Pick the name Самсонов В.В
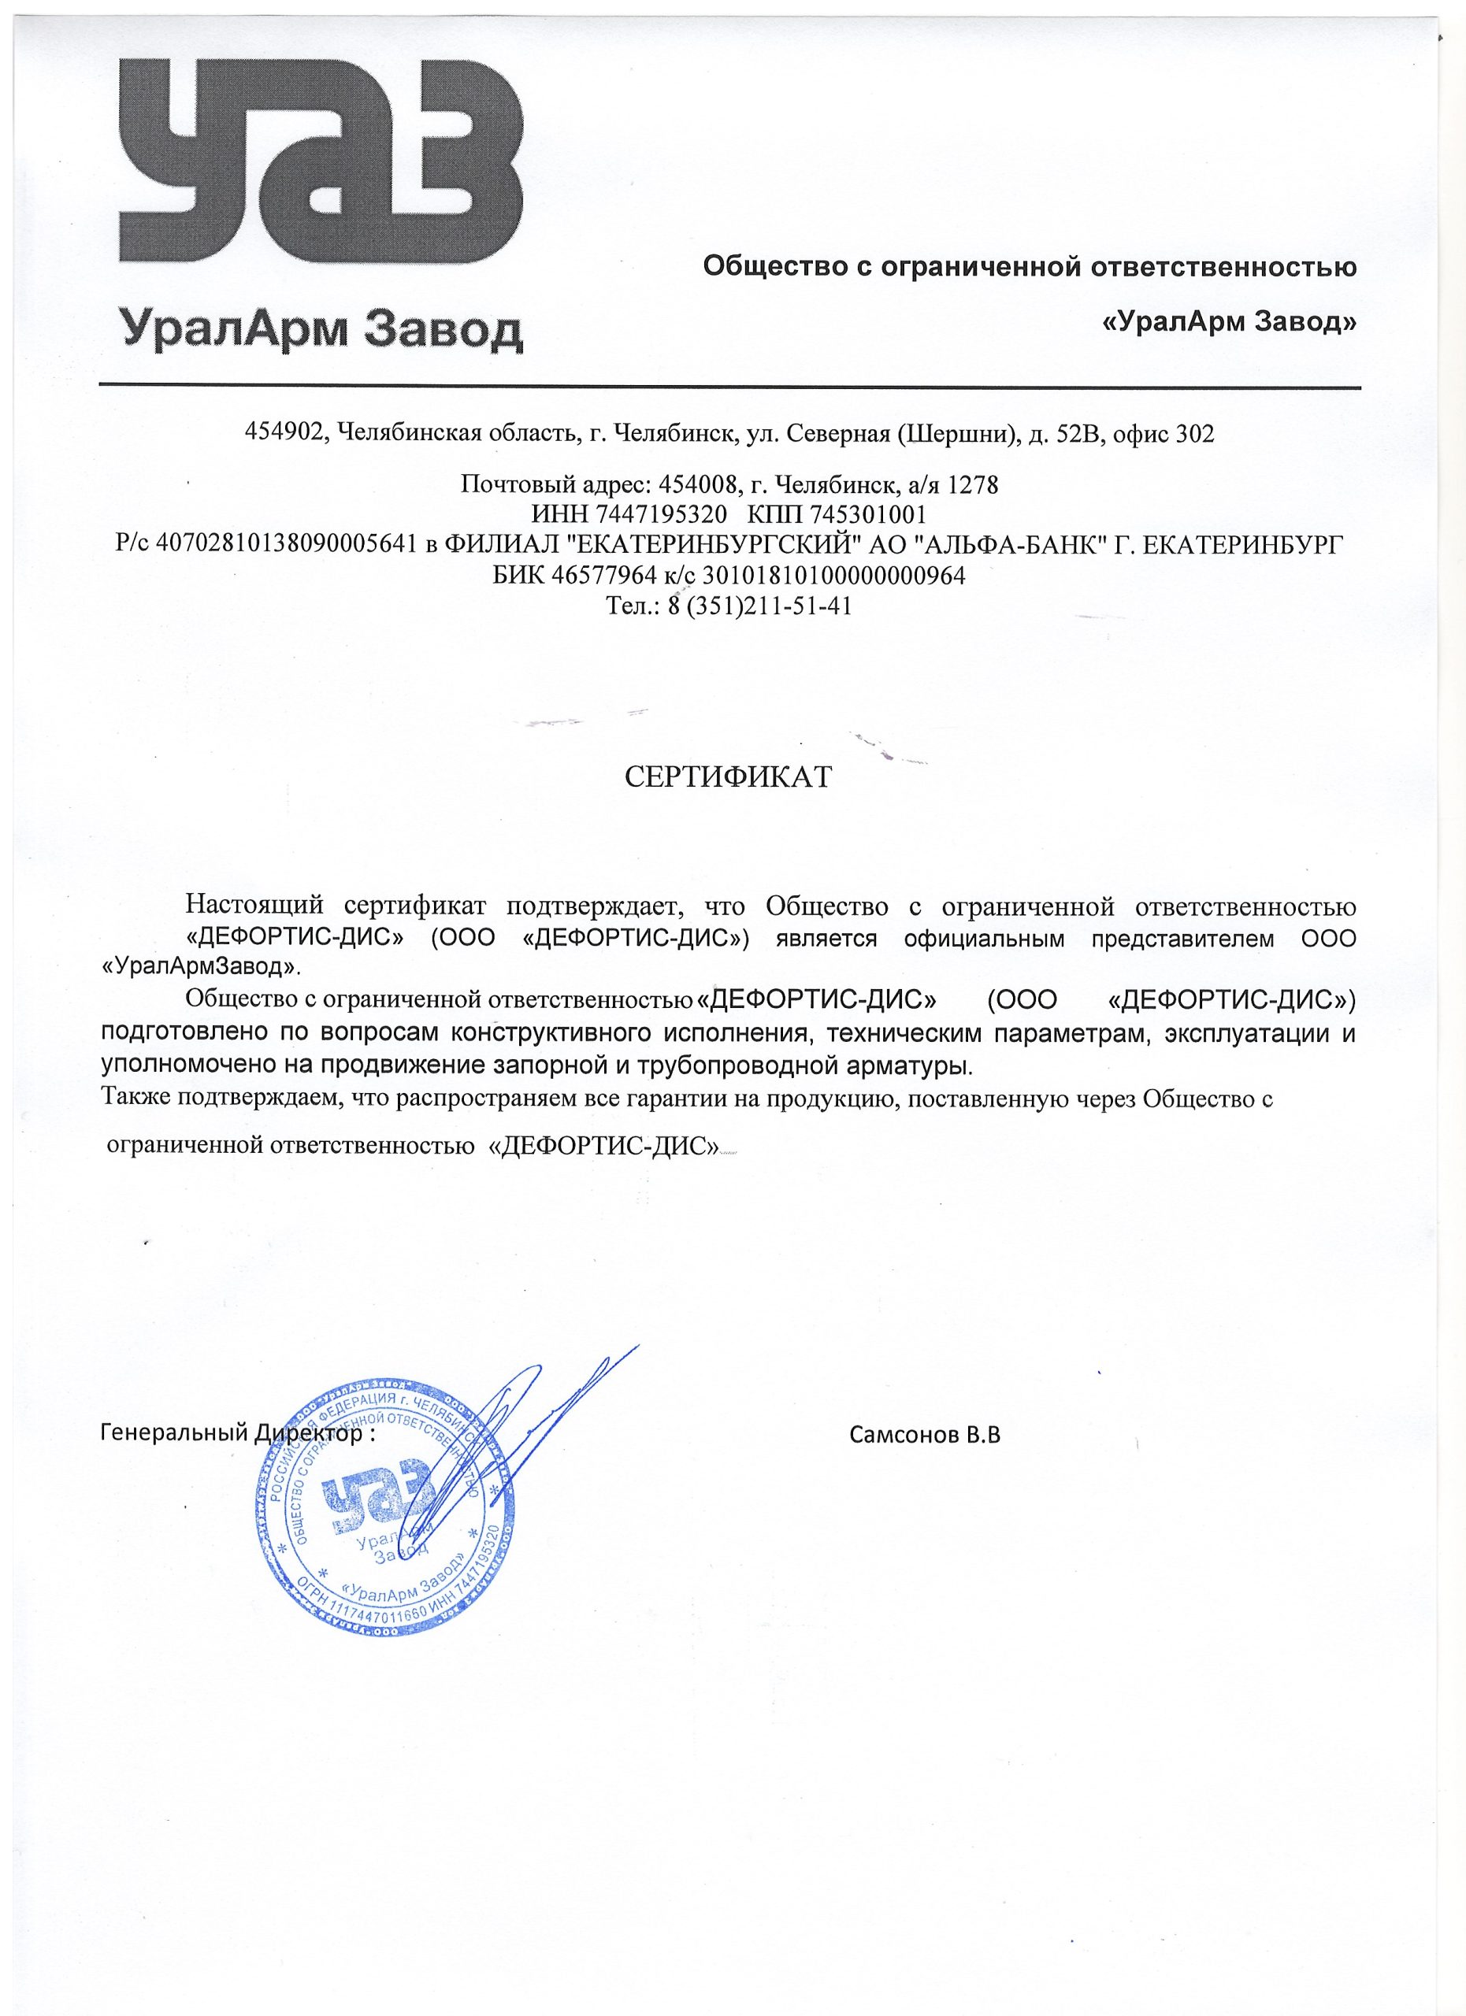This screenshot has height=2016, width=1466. (925, 1435)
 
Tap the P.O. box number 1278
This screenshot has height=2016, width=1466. (974, 485)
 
